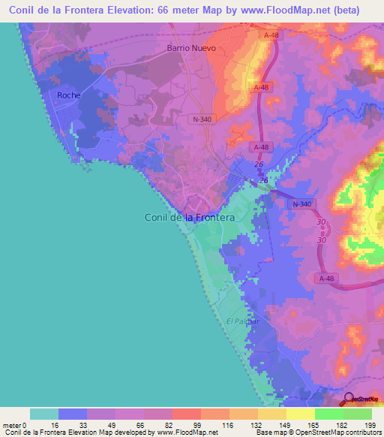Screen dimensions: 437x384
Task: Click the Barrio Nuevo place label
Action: click(x=190, y=48)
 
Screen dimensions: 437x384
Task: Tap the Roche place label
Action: click(x=68, y=95)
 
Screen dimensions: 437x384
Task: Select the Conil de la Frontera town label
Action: click(x=189, y=217)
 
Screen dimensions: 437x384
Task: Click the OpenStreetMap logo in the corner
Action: click(x=359, y=399)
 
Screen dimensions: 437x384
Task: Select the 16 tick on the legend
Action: click(x=53, y=424)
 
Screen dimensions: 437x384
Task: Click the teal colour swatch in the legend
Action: click(x=44, y=414)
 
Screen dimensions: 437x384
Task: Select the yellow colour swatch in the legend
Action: click(x=300, y=414)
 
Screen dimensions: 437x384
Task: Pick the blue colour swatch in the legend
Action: click(x=73, y=414)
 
